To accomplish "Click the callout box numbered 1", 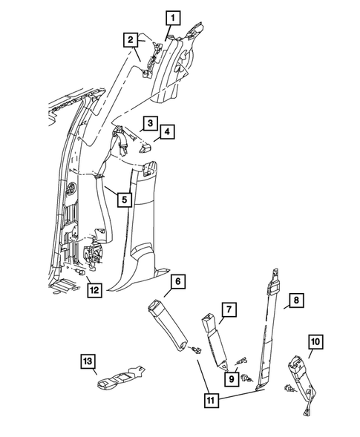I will click(x=173, y=17).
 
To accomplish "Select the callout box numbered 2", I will click(x=130, y=39).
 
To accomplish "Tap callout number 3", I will click(x=149, y=123).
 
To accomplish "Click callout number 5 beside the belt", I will click(x=124, y=199).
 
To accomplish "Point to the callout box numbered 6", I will click(x=178, y=282).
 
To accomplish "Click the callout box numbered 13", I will click(x=89, y=361).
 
